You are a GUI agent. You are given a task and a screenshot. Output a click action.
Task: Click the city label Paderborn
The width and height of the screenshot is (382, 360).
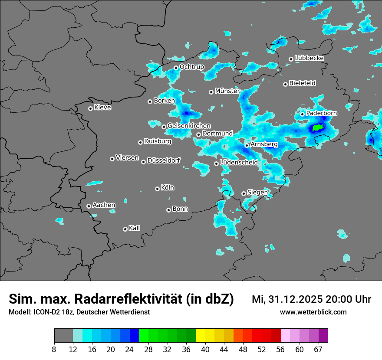322,113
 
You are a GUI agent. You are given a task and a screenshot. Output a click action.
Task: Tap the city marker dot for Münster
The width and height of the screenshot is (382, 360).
211,92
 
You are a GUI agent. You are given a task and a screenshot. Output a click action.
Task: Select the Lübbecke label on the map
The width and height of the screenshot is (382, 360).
309,58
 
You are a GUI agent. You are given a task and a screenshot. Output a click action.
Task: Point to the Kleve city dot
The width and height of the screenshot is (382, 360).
90,108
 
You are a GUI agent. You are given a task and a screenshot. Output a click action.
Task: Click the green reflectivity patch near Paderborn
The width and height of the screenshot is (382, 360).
318,128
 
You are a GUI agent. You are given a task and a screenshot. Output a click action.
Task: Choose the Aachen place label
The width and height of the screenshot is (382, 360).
104,205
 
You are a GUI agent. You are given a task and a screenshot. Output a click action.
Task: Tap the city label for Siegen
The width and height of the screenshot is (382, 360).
257,192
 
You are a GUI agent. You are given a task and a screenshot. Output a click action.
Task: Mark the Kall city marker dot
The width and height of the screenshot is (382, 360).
125,229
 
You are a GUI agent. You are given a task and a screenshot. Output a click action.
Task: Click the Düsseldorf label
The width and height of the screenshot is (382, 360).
164,160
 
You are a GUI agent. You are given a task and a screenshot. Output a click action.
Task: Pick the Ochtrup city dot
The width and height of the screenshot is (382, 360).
176,68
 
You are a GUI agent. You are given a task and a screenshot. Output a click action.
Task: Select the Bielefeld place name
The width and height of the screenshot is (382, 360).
302,83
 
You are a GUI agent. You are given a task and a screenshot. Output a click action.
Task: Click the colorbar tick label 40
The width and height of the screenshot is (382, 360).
205,350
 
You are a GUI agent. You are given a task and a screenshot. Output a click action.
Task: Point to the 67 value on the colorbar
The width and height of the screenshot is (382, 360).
318,350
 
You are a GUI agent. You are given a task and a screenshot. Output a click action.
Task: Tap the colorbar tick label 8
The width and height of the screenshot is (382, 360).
54,350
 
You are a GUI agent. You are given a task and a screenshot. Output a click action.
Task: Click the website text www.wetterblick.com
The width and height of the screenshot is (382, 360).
313,312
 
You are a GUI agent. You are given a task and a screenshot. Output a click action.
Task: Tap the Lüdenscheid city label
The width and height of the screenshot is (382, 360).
239,162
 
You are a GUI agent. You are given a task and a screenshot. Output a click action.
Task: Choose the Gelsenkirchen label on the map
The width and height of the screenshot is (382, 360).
189,126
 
